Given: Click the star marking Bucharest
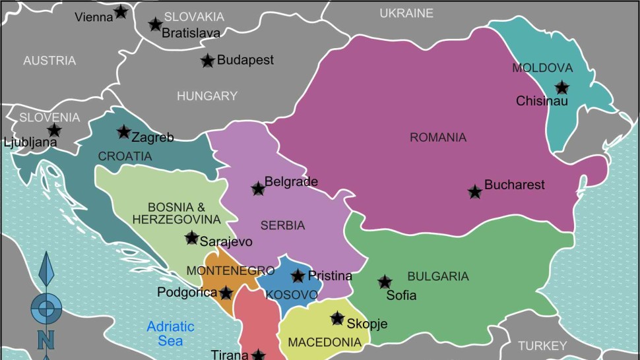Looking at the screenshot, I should pos(474,192).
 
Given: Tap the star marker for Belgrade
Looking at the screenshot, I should pos(258,189).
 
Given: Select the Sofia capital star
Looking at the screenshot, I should pos(385,282).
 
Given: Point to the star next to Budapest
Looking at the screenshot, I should pos(207,61).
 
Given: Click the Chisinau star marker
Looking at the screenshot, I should pos(561,87).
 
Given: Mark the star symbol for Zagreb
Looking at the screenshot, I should pos(123,132).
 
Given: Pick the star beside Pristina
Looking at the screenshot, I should pos(298,276).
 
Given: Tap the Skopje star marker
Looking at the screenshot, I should pos(337,318).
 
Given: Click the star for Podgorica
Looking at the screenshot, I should pos(226,292).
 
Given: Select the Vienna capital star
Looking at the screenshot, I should pos(121,11).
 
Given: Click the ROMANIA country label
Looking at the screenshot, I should pos(438,138).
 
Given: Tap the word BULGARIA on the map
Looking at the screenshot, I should pos(437,276).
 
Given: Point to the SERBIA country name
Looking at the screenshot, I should pos(282,225).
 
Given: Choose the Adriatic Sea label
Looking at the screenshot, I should pos(170,333).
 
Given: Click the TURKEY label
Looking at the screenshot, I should pos(542,345).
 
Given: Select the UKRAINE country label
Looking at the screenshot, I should pos(406,13).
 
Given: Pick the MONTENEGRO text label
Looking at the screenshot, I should pos(230,271).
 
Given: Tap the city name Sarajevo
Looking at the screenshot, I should pos(226,241).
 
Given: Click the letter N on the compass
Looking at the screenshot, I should pos(46,340).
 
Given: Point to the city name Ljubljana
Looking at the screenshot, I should pos(30,142).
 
